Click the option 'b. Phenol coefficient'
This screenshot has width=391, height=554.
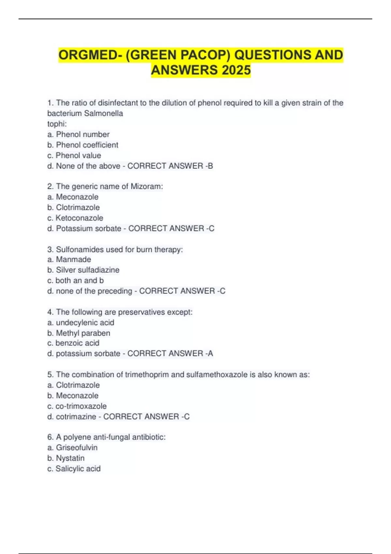(x=83, y=145)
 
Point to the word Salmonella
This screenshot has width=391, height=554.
(x=103, y=113)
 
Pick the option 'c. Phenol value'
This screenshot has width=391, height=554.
(x=74, y=155)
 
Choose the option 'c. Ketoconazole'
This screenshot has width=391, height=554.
(x=75, y=218)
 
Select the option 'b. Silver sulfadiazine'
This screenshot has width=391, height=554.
(x=83, y=270)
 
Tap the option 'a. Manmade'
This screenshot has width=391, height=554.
(x=69, y=259)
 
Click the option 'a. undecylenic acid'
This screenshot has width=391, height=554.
(x=81, y=323)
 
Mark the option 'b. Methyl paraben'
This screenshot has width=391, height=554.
(x=79, y=333)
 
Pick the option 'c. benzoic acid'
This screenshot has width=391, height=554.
(x=73, y=343)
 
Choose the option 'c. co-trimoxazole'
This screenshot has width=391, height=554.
(x=77, y=406)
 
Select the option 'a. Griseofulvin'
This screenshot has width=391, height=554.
(x=72, y=447)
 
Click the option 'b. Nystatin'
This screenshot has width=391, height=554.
(x=66, y=458)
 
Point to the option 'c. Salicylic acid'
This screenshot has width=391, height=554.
(x=74, y=469)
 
